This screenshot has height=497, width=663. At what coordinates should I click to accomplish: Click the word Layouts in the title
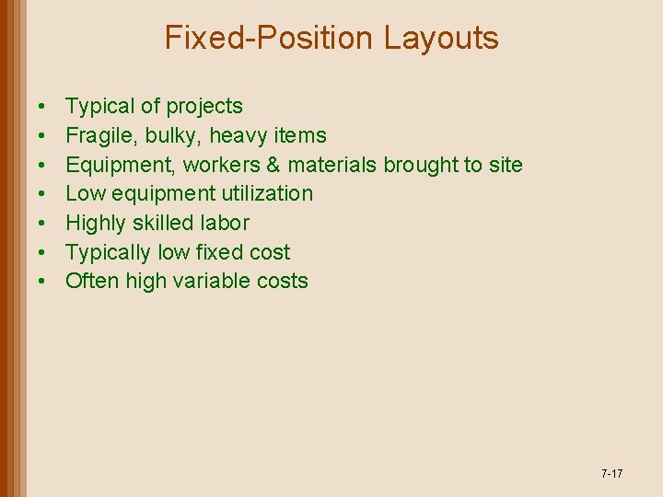tap(441, 38)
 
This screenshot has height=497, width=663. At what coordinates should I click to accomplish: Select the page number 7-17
tap(611, 474)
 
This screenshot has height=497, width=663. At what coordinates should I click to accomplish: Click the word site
tap(506, 166)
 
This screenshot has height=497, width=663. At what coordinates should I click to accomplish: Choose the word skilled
tap(165, 224)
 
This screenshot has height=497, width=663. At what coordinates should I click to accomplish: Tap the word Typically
tap(106, 253)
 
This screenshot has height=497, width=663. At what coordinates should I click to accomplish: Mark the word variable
tap(213, 282)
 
